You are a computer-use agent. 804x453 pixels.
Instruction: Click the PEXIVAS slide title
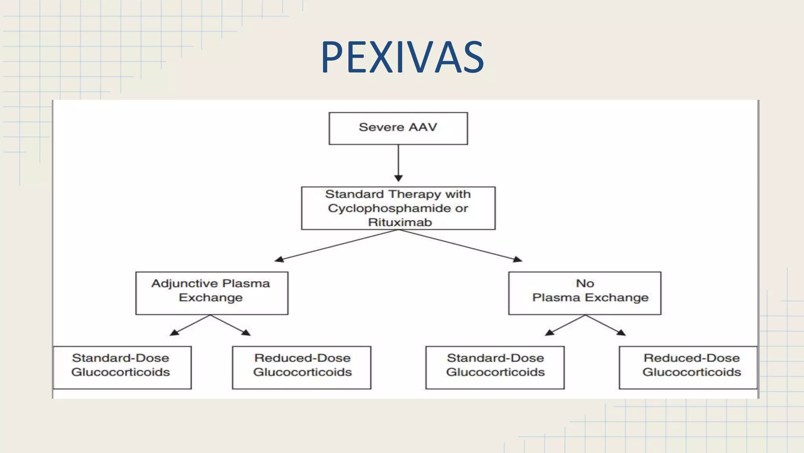402,57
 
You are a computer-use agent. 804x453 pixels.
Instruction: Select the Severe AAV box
398,128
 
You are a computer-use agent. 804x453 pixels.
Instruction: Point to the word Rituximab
400,222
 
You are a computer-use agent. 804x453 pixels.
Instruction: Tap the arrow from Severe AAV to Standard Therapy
398,163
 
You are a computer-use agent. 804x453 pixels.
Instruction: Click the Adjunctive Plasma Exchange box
212,293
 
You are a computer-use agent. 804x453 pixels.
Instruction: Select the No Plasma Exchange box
585,293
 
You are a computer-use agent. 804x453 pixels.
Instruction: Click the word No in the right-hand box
585,283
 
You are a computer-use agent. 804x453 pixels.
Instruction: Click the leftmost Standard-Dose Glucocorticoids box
122,367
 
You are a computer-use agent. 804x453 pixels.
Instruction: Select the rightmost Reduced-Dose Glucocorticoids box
688,367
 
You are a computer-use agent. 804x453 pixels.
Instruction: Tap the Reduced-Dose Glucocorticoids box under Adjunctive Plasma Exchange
301,367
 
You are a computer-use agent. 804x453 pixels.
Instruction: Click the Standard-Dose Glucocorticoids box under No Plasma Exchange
495,367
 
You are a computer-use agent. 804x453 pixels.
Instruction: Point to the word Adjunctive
185,283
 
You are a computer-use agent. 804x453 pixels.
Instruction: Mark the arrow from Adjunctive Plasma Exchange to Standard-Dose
191,325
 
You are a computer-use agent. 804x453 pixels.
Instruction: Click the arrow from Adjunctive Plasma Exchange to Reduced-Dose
231,325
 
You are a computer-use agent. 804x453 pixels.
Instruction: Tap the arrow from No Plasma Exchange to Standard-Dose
565,325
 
